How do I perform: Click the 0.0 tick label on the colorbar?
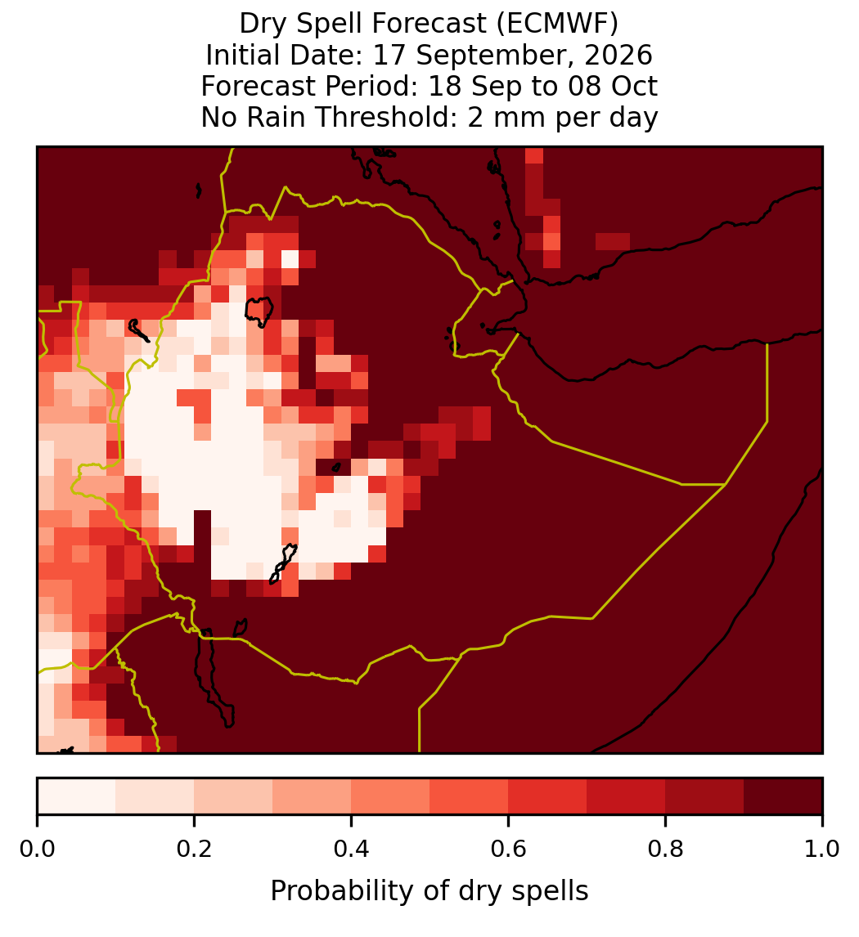coord(38,850)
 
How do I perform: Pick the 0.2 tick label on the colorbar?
coord(194,850)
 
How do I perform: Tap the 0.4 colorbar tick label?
coord(352,850)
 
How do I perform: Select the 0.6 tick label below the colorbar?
coord(508,850)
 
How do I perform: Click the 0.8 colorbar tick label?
coord(665,850)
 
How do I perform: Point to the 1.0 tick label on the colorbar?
coord(822,850)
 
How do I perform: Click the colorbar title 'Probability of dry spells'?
coord(429,891)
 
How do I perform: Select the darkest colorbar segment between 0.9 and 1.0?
coord(783,796)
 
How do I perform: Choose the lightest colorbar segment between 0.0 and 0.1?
coord(77,796)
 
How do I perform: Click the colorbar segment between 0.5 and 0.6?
coord(469,796)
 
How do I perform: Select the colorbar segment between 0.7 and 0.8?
coord(626,796)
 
